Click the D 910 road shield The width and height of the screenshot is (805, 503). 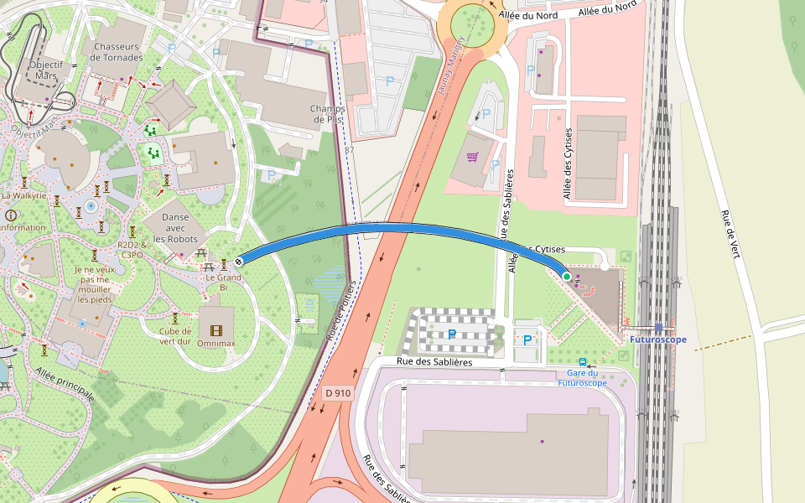click(x=338, y=392)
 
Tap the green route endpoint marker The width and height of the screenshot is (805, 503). click(x=567, y=276)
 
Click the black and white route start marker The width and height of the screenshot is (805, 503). click(x=239, y=261)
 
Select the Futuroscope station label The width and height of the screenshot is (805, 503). click(x=657, y=340)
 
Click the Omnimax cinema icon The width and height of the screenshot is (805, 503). click(x=217, y=329)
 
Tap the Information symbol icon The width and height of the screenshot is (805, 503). click(x=11, y=215)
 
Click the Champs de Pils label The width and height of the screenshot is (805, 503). click(x=327, y=114)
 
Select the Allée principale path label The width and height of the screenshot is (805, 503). click(x=64, y=383)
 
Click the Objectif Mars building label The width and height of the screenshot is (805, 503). click(x=46, y=70)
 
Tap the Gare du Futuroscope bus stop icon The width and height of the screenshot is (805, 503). click(x=583, y=362)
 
